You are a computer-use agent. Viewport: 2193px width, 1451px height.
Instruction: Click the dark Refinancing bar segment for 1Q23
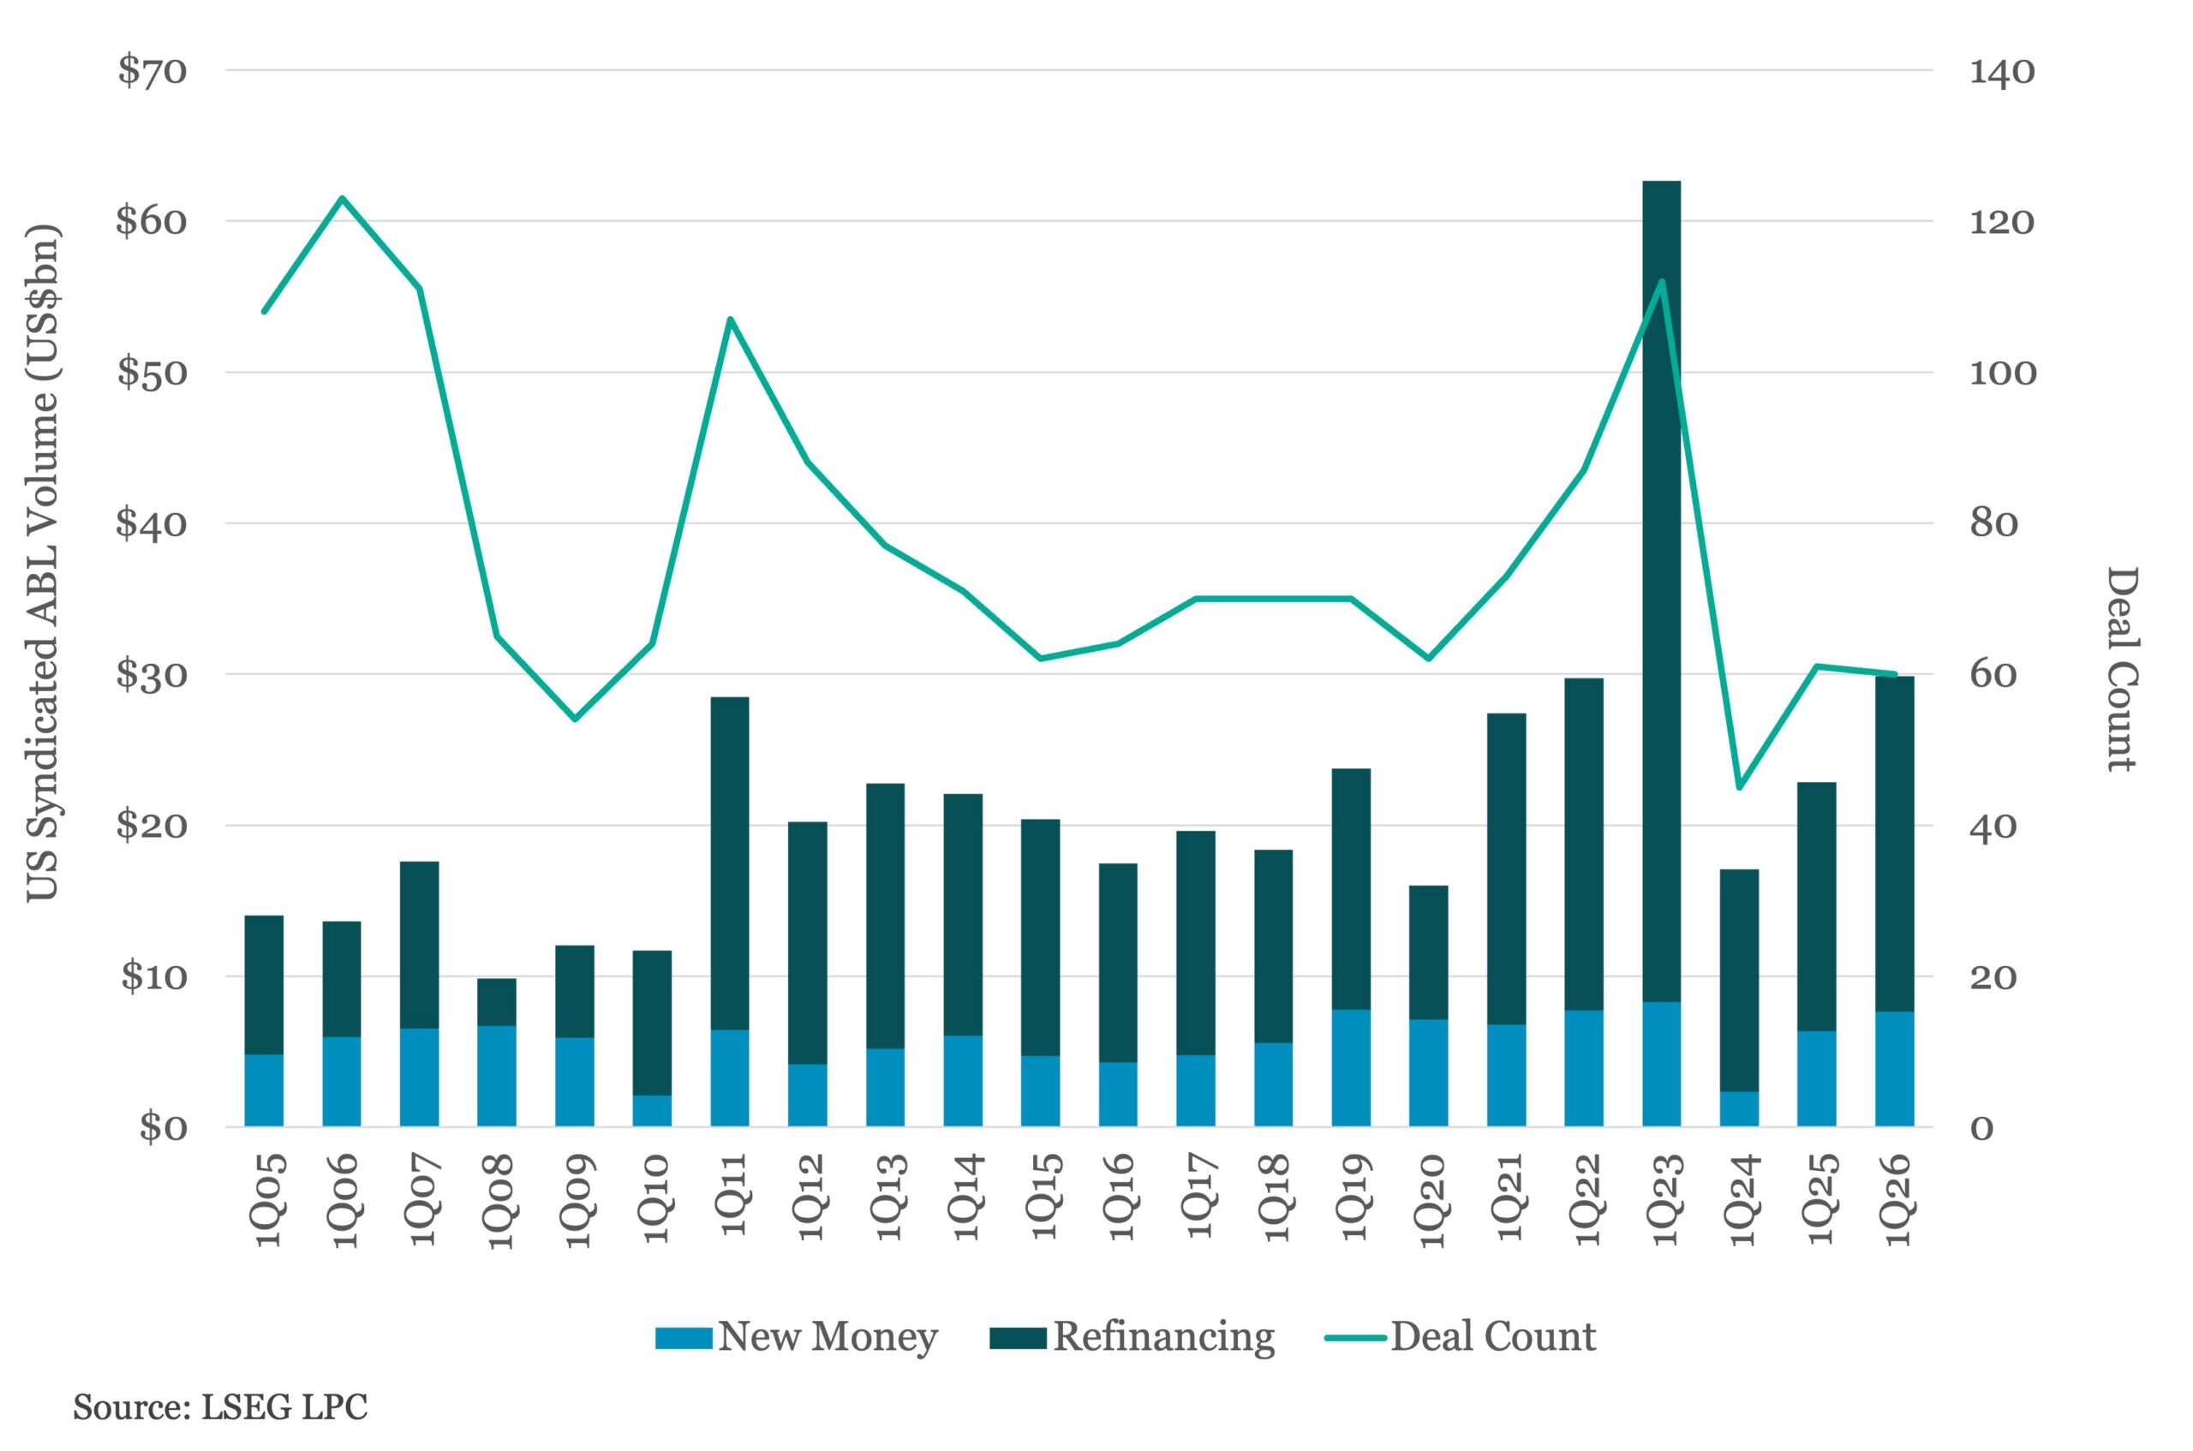[1661, 592]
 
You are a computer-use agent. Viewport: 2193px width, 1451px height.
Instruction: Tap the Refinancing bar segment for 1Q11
[729, 861]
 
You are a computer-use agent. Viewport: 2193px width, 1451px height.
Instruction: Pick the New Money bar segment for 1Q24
[1739, 1108]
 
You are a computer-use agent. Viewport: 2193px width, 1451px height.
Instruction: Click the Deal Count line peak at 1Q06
[342, 198]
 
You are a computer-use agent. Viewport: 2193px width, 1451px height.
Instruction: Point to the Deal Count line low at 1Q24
[1739, 787]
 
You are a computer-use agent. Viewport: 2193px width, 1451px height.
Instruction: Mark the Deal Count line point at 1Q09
[574, 718]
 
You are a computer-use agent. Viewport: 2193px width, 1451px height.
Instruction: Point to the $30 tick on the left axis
[151, 675]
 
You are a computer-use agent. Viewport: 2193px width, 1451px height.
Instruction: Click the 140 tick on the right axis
[2001, 71]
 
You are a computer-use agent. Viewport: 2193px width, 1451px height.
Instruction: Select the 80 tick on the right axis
[1994, 523]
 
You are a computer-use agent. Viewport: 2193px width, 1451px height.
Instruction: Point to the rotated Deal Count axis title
[2123, 668]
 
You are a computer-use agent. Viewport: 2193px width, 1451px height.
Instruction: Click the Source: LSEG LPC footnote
[220, 1407]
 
